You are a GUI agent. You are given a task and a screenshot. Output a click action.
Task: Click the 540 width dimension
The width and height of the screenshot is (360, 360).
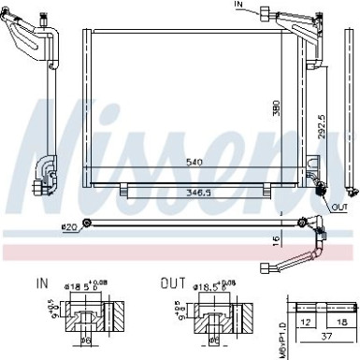tap(194, 161)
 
